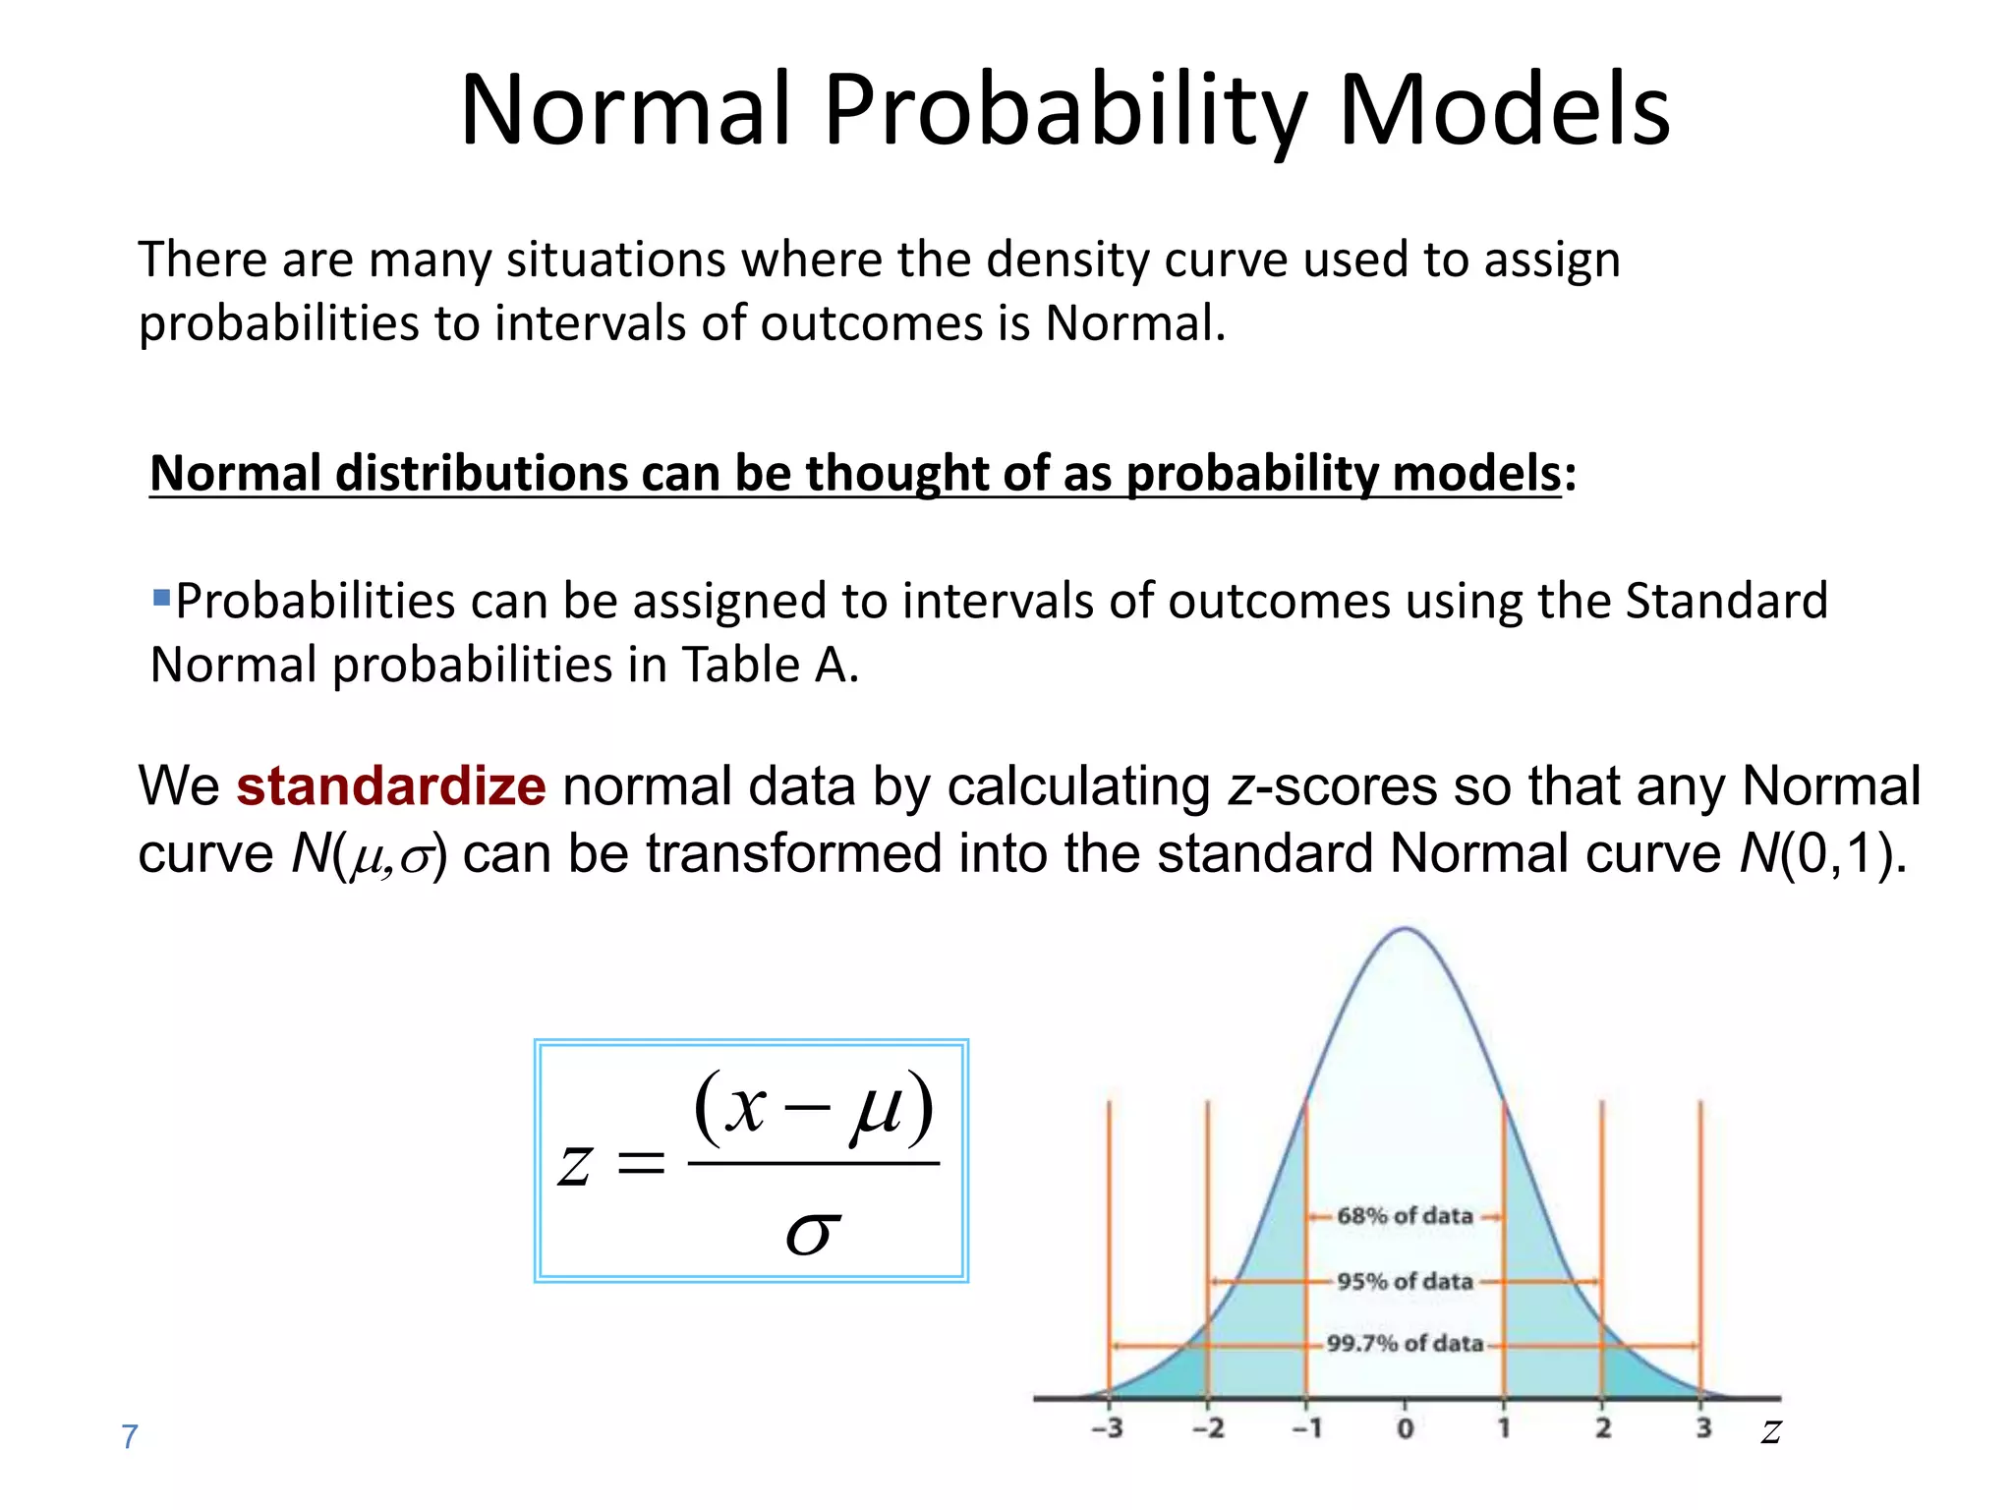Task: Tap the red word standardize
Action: click(390, 786)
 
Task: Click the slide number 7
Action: click(129, 1436)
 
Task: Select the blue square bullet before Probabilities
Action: click(162, 597)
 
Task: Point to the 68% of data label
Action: click(1404, 1216)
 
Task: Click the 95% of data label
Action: click(1404, 1281)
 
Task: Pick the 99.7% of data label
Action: click(1404, 1343)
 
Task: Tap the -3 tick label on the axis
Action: click(1107, 1428)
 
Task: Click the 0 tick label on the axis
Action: click(1405, 1428)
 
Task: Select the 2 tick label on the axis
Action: click(1603, 1428)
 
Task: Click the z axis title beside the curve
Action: click(1770, 1431)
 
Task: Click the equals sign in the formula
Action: click(640, 1165)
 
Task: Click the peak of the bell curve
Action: click(1405, 929)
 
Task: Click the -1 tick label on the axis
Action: click(1305, 1428)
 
